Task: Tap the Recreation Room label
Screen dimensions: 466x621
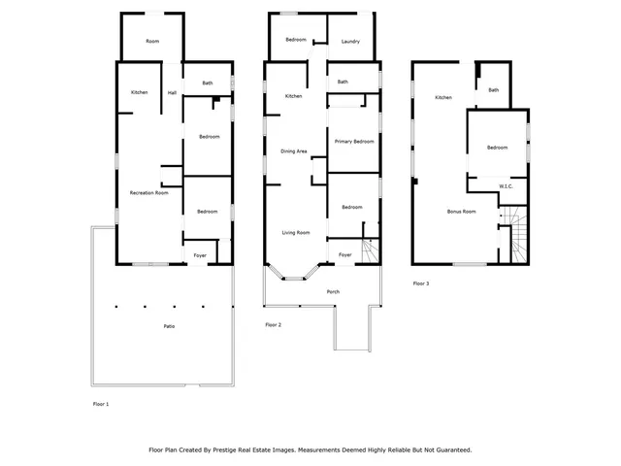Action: click(149, 193)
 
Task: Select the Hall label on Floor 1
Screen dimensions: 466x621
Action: click(172, 93)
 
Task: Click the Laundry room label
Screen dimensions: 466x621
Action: click(350, 41)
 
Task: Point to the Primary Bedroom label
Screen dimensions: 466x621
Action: click(354, 142)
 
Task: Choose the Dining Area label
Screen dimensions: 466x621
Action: click(294, 151)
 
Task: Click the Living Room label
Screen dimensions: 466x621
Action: click(295, 232)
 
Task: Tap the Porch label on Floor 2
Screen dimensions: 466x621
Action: click(333, 291)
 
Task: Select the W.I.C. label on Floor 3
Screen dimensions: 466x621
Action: click(506, 185)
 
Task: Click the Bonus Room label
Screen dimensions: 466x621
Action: click(461, 211)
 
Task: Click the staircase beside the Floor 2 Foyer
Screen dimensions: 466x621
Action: click(369, 250)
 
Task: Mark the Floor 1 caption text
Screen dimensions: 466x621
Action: click(101, 403)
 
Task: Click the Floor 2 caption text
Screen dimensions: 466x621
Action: click(273, 324)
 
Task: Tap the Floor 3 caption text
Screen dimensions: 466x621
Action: click(420, 283)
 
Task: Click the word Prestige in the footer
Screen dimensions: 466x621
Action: click(252, 449)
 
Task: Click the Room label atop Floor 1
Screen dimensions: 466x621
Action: click(152, 41)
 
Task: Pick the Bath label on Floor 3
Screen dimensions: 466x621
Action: click(494, 90)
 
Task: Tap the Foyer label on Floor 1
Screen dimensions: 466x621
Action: click(200, 255)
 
